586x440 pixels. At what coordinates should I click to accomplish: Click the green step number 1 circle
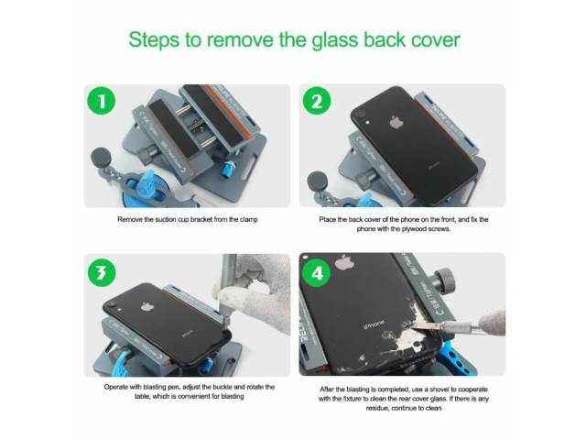tap(101, 101)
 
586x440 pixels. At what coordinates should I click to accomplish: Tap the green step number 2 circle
tap(317, 101)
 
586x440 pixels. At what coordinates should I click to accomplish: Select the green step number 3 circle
tap(102, 273)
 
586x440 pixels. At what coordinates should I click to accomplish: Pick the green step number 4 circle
tap(317, 273)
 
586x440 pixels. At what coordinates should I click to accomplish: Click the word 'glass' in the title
tap(335, 39)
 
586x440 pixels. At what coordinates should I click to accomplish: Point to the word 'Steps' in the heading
tap(154, 39)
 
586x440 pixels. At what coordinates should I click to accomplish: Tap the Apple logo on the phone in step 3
tap(147, 307)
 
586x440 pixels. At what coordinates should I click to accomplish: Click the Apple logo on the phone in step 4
tap(344, 262)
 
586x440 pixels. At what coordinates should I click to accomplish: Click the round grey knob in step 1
tap(101, 157)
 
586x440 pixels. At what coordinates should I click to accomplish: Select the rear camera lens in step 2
tap(360, 114)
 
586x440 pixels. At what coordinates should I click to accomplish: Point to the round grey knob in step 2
tap(318, 181)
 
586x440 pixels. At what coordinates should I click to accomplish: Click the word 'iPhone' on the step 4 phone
tap(374, 324)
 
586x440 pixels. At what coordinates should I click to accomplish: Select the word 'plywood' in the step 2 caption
tap(414, 229)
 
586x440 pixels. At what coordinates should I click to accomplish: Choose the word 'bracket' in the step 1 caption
tap(201, 219)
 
